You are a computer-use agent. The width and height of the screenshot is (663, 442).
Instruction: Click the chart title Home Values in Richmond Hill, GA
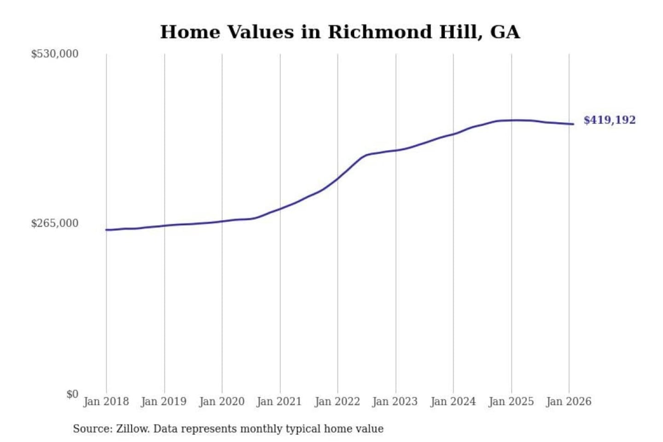coord(340,32)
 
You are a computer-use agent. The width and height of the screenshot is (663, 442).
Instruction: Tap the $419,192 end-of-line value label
coord(609,120)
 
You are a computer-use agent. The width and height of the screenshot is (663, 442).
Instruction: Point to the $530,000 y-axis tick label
coord(55,54)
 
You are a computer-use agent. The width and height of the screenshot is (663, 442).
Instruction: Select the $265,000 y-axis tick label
coord(55,223)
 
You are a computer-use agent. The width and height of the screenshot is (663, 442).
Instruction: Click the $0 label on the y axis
coord(72,394)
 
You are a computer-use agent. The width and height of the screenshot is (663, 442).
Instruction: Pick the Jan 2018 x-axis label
coord(106,401)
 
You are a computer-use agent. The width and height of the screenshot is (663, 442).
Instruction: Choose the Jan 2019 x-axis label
coord(163,401)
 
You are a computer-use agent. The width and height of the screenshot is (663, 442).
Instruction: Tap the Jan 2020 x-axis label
coord(221,401)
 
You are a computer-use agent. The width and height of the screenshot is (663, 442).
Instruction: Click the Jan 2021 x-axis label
coord(279,401)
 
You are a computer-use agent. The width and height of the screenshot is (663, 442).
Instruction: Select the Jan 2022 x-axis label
coord(337,401)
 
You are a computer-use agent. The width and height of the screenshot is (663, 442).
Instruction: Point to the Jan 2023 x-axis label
coord(395,401)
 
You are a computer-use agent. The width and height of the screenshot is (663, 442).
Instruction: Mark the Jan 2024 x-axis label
coord(453,401)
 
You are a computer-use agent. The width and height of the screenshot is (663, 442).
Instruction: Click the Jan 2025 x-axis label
coord(511,401)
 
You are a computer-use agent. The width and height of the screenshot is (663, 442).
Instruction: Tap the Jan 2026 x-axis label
coord(568,401)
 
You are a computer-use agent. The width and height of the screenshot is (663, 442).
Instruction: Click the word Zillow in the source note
coord(132,429)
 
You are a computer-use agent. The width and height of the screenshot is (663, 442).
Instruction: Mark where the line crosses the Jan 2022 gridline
coord(337,178)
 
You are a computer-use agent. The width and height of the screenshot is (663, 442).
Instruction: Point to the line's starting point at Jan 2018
coord(106,230)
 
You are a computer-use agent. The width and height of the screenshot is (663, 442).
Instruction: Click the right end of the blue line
coord(573,124)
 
